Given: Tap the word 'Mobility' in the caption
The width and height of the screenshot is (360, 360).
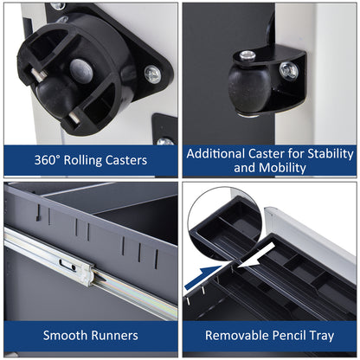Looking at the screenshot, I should coord(282,167).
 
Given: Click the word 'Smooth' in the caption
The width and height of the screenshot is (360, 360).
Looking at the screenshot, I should coord(67,335).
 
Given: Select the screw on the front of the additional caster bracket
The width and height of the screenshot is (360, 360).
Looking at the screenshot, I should coord(288,70).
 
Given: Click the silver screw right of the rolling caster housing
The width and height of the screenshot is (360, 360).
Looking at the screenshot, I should coord(151,74).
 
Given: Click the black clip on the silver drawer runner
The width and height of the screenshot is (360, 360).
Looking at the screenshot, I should coord(66,260).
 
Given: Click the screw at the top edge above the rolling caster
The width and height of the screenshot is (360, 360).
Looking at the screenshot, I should coord(57,5).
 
